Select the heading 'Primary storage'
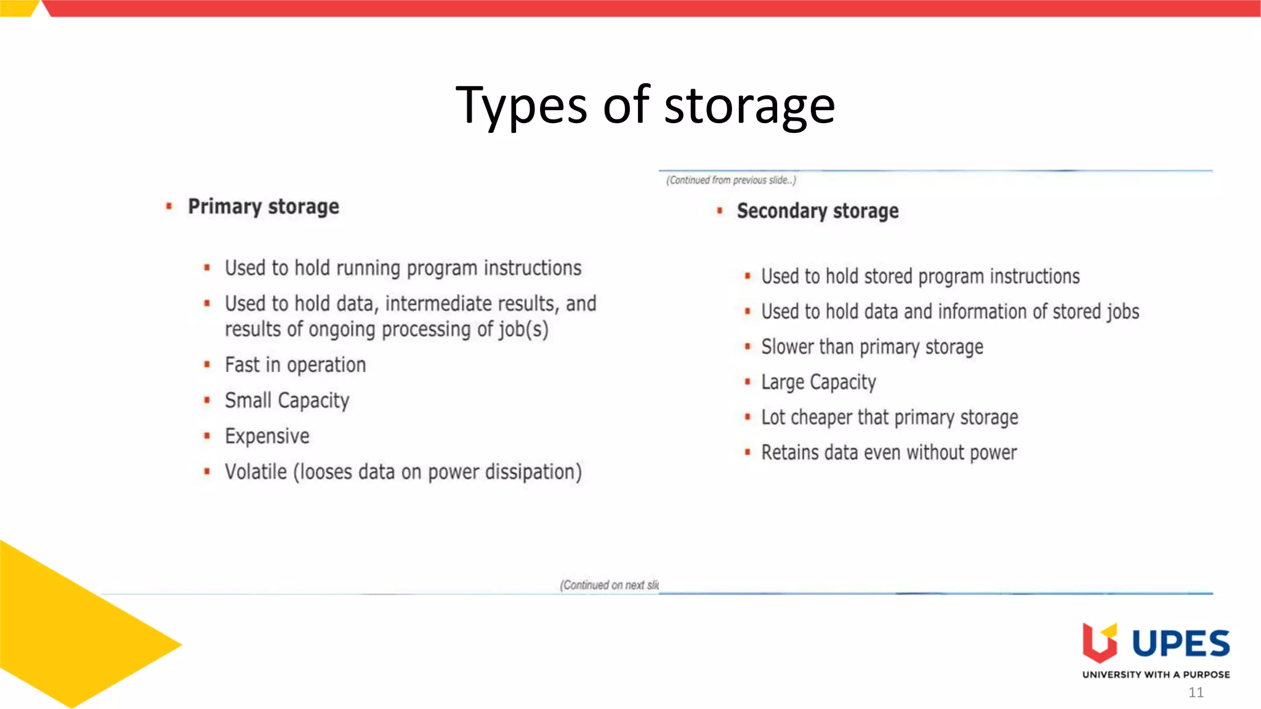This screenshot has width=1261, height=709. (x=264, y=207)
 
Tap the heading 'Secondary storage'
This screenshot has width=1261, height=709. (x=818, y=211)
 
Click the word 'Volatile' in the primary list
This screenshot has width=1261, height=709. (x=256, y=472)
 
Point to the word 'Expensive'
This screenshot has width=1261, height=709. (x=267, y=436)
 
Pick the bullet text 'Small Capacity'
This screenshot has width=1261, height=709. (x=287, y=401)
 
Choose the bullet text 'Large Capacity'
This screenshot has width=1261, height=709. (x=818, y=382)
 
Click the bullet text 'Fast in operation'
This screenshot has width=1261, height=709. (x=296, y=365)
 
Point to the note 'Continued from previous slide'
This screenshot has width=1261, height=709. (x=731, y=180)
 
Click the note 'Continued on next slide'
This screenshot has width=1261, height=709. (x=609, y=585)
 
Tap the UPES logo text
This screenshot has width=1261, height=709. (x=1181, y=644)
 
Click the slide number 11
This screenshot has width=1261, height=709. (x=1196, y=692)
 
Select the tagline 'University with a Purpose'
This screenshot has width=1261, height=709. (x=1156, y=675)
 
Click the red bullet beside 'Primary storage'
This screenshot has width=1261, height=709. (x=169, y=207)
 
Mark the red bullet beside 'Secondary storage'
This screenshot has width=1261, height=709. (x=719, y=211)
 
